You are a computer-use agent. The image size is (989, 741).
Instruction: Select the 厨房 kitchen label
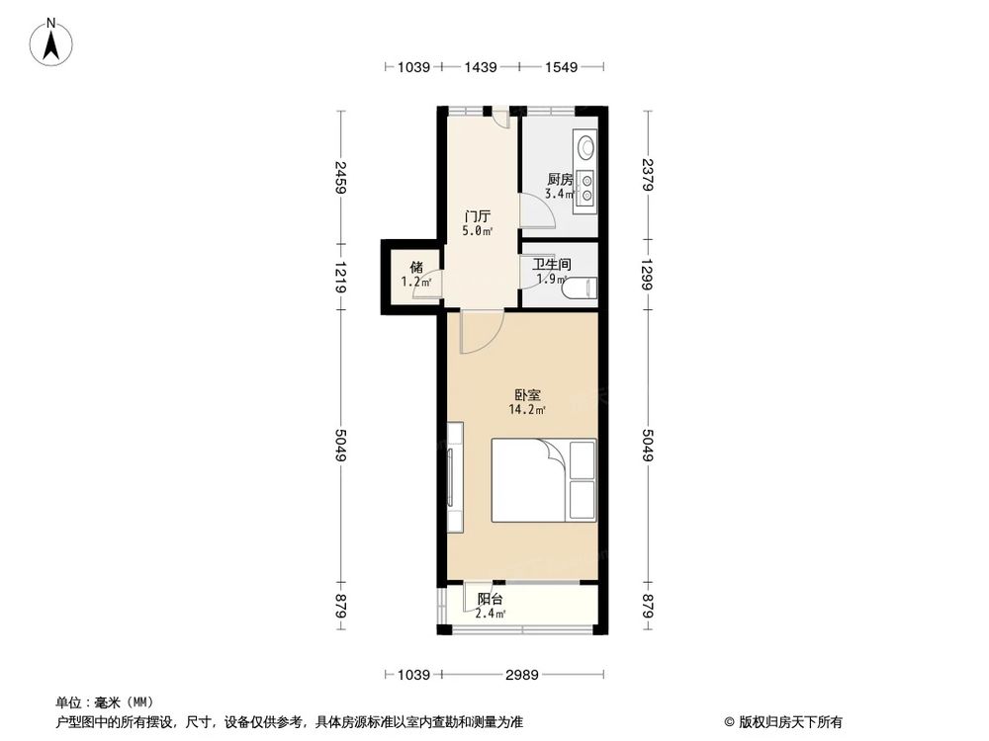tap(560, 180)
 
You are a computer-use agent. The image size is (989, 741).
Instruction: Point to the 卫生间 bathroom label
tap(552, 265)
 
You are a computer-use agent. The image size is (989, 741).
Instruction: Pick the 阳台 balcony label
tap(490, 600)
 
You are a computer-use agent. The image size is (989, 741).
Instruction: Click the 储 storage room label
tap(416, 267)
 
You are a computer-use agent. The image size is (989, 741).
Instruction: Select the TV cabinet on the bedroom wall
tap(454, 479)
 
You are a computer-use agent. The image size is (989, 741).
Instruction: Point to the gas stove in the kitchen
tap(586, 188)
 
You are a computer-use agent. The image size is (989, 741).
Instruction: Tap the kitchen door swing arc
tap(534, 211)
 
